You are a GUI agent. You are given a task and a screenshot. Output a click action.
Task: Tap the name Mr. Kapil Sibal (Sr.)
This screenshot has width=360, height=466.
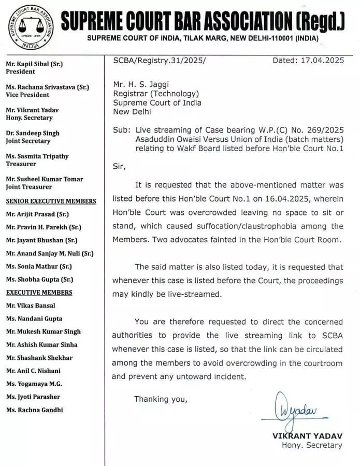[x=34, y=64]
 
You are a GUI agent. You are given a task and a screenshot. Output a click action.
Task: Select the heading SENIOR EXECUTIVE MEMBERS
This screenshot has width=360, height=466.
[x=51, y=201]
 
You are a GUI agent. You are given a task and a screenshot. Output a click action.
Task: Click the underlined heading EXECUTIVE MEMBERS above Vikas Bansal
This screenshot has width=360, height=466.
[x=39, y=293]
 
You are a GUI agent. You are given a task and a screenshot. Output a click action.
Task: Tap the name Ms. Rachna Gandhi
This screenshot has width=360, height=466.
[x=34, y=410]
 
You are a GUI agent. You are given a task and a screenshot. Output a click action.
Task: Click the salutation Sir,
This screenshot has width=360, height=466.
[x=119, y=166]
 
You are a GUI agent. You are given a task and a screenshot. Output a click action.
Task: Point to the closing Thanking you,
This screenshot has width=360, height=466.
[x=161, y=399]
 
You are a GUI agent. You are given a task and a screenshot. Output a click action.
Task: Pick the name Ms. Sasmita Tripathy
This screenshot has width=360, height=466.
[x=37, y=156]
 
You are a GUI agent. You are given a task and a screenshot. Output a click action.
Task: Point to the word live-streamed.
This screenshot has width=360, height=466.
[x=192, y=294]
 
